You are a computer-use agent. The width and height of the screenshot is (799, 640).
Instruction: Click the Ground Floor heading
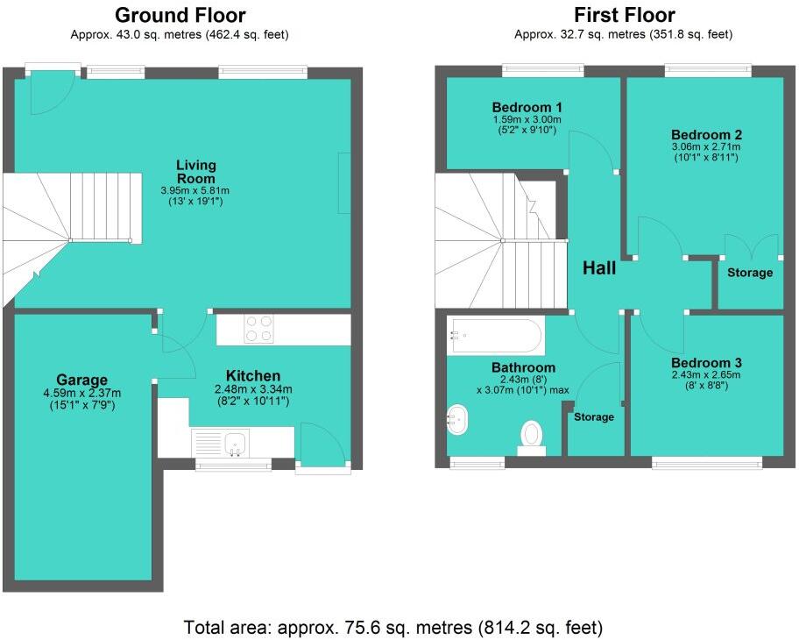tap(180, 15)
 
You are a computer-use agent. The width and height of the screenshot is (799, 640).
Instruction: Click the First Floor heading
tap(624, 15)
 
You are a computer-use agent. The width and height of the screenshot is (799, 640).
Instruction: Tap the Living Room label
tap(195, 171)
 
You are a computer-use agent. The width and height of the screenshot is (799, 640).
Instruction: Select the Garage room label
tap(82, 380)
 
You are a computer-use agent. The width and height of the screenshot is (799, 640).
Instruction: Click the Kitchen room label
tap(253, 376)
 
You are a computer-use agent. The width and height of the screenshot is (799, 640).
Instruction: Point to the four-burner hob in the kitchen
tap(258, 329)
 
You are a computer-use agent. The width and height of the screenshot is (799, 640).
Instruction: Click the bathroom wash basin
tap(457, 420)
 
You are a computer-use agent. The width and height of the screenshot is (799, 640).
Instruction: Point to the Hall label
tap(599, 268)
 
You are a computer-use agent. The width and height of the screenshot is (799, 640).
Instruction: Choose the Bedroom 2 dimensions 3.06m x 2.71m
tap(706, 147)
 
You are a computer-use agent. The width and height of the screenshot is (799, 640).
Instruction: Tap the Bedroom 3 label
tap(706, 363)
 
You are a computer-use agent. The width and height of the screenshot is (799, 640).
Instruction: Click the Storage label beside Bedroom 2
tap(750, 273)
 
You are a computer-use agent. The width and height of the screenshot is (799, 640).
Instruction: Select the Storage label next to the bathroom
tap(594, 417)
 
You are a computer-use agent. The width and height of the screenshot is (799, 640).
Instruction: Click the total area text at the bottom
tap(393, 628)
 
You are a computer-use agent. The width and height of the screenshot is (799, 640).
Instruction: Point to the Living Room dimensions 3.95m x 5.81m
tap(195, 190)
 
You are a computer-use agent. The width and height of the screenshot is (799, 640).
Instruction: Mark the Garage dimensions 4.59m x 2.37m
tap(82, 393)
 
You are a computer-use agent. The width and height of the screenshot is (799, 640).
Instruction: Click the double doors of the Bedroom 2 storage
tap(751, 246)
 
